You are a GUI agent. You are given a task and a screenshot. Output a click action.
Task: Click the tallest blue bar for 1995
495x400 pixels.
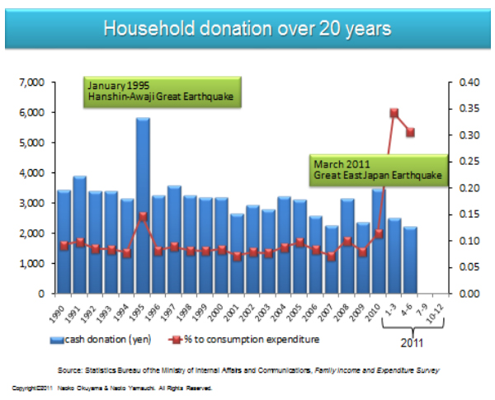(143, 206)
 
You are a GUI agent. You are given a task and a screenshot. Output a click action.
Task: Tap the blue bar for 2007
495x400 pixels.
(331, 260)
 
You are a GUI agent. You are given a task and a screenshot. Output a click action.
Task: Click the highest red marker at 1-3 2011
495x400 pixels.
(394, 112)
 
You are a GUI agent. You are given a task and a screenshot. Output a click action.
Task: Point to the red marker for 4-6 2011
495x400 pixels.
(410, 133)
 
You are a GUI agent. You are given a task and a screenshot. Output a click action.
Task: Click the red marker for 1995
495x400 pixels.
(143, 217)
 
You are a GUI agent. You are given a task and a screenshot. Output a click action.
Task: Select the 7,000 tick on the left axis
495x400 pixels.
(31, 82)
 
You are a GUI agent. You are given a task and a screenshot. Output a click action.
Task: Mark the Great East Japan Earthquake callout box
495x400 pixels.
(375, 169)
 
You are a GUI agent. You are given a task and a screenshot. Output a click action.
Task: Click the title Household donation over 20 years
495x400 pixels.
(247, 29)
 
